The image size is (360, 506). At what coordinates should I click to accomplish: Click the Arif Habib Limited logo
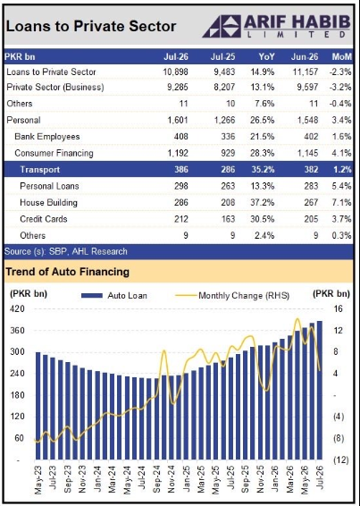click(276, 26)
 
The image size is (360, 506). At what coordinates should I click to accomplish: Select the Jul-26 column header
click(176, 57)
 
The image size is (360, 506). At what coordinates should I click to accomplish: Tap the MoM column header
click(341, 57)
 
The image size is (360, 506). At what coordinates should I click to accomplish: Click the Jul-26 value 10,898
click(175, 72)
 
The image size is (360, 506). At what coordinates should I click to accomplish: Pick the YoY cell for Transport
click(263, 170)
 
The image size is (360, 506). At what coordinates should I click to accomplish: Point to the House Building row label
click(49, 203)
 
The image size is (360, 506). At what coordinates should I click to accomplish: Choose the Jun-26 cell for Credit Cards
click(311, 219)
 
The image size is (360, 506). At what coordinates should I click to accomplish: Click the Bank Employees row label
click(47, 137)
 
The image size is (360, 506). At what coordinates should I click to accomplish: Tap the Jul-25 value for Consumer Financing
click(228, 153)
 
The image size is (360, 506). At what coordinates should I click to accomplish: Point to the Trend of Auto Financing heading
click(67, 272)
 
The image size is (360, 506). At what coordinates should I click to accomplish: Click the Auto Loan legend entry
click(114, 296)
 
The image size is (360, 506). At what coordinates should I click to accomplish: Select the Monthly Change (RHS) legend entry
click(232, 296)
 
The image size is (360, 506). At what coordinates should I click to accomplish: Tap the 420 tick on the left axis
click(18, 309)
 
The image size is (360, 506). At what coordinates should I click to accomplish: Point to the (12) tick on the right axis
click(340, 460)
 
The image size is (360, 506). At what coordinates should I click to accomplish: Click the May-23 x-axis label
click(38, 480)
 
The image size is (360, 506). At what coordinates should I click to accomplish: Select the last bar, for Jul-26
click(320, 390)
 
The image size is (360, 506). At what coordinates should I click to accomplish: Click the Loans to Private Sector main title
click(91, 27)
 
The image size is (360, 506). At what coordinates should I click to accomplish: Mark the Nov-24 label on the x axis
click(172, 480)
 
